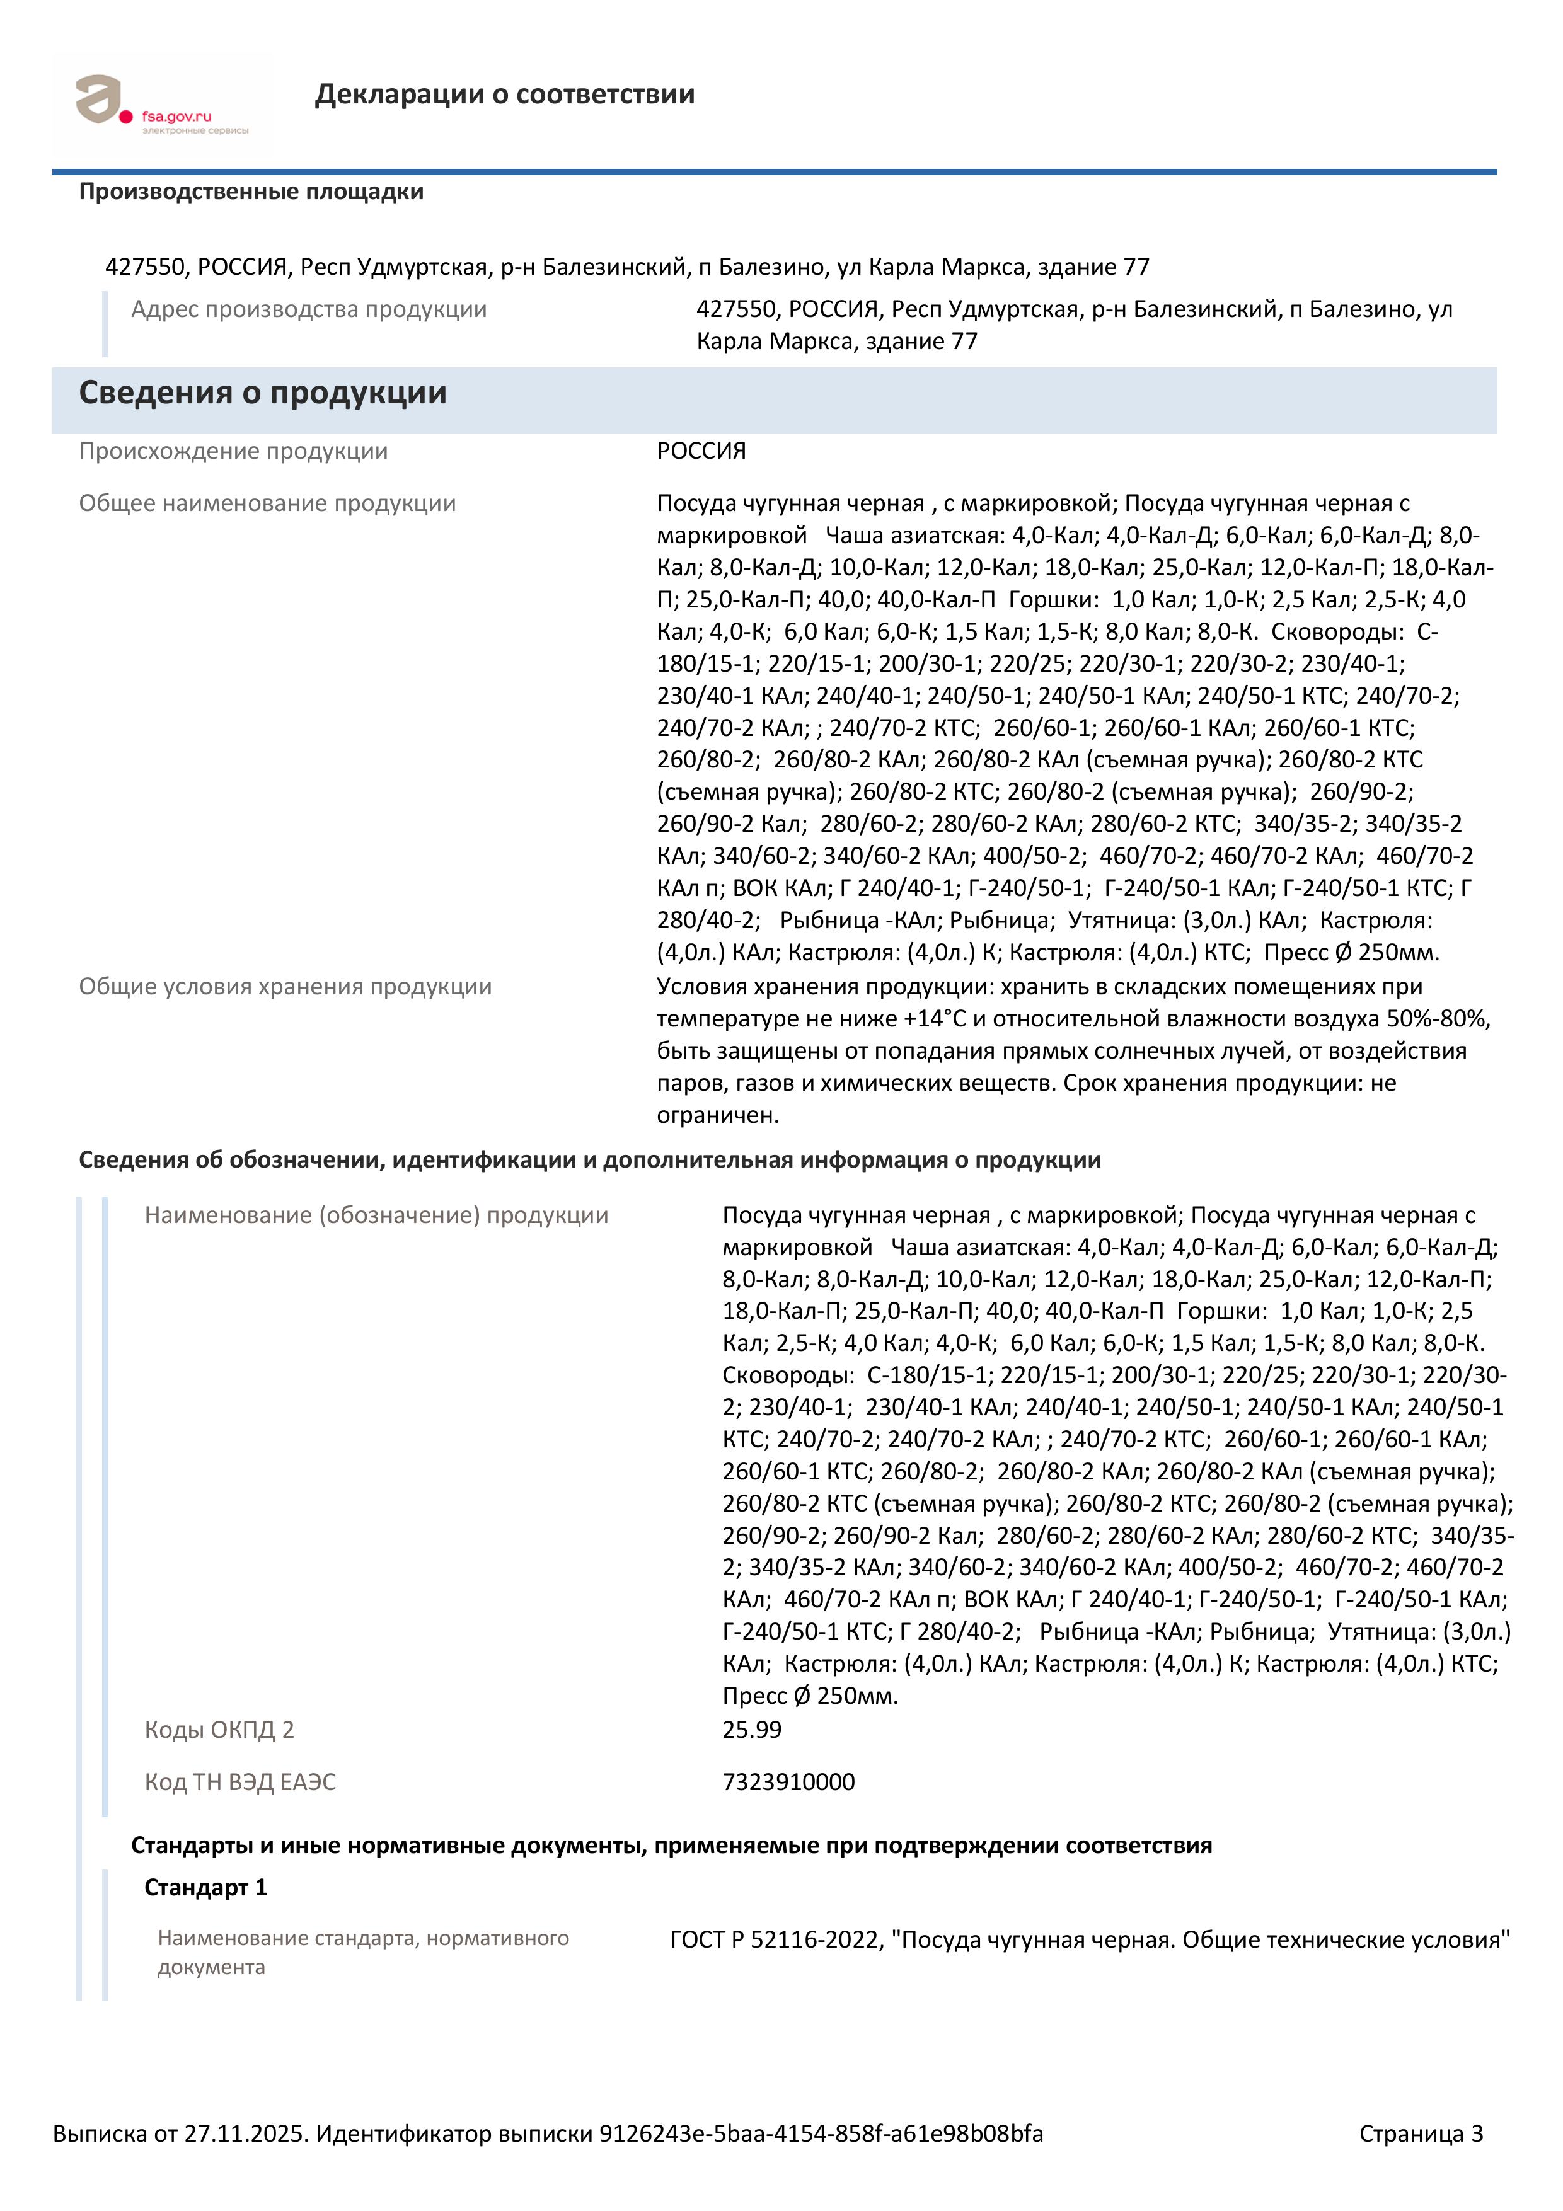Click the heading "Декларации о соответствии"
click(x=505, y=95)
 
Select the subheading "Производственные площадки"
click(x=251, y=192)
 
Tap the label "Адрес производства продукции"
click(x=309, y=309)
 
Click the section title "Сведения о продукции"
click(x=263, y=393)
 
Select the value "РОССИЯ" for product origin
click(x=701, y=451)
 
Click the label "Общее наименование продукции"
click(x=268, y=503)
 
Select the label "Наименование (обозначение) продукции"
click(x=376, y=1215)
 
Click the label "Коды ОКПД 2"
click(x=219, y=1730)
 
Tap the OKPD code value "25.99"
click(x=752, y=1730)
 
